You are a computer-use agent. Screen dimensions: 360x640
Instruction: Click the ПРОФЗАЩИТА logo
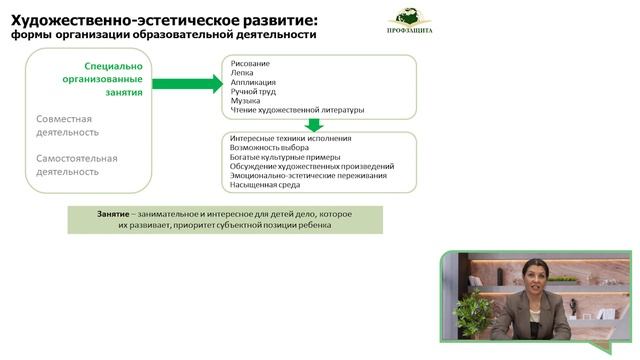410,22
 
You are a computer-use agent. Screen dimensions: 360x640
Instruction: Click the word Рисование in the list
249,63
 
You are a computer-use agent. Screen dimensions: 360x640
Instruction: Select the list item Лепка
242,73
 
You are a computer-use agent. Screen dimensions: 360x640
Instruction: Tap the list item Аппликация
253,83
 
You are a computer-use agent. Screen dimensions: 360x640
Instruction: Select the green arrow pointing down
314,125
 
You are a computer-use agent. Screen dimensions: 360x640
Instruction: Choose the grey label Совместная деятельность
71,125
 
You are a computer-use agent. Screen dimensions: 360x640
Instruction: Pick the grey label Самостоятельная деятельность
77,164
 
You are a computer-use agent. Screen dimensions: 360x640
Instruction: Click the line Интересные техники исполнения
290,138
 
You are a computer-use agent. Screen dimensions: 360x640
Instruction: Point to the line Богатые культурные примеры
285,157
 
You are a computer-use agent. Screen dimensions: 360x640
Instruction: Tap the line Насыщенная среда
265,185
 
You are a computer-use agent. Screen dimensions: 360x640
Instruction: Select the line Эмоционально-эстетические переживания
307,175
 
